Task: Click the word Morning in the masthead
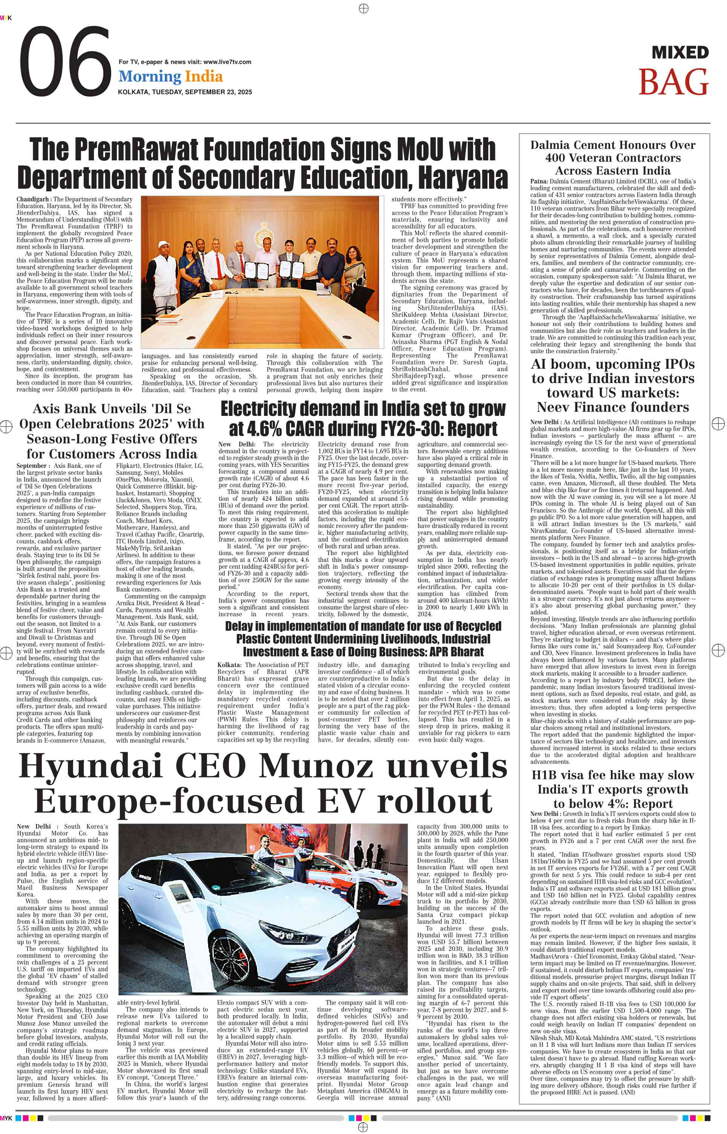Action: point(150,77)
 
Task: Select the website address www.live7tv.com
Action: point(227,62)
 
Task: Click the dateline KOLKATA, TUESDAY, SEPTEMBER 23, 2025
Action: point(185,92)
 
